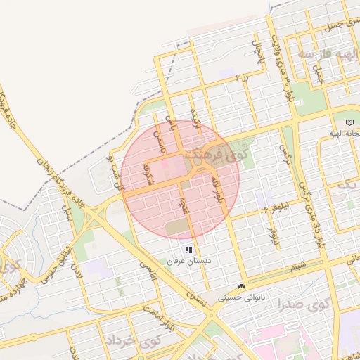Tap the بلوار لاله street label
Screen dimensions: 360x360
click(217, 191)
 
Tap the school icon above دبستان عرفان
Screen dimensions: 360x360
click(188, 250)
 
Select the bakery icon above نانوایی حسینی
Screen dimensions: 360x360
click(242, 286)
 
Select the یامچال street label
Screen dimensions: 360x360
click(257, 49)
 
